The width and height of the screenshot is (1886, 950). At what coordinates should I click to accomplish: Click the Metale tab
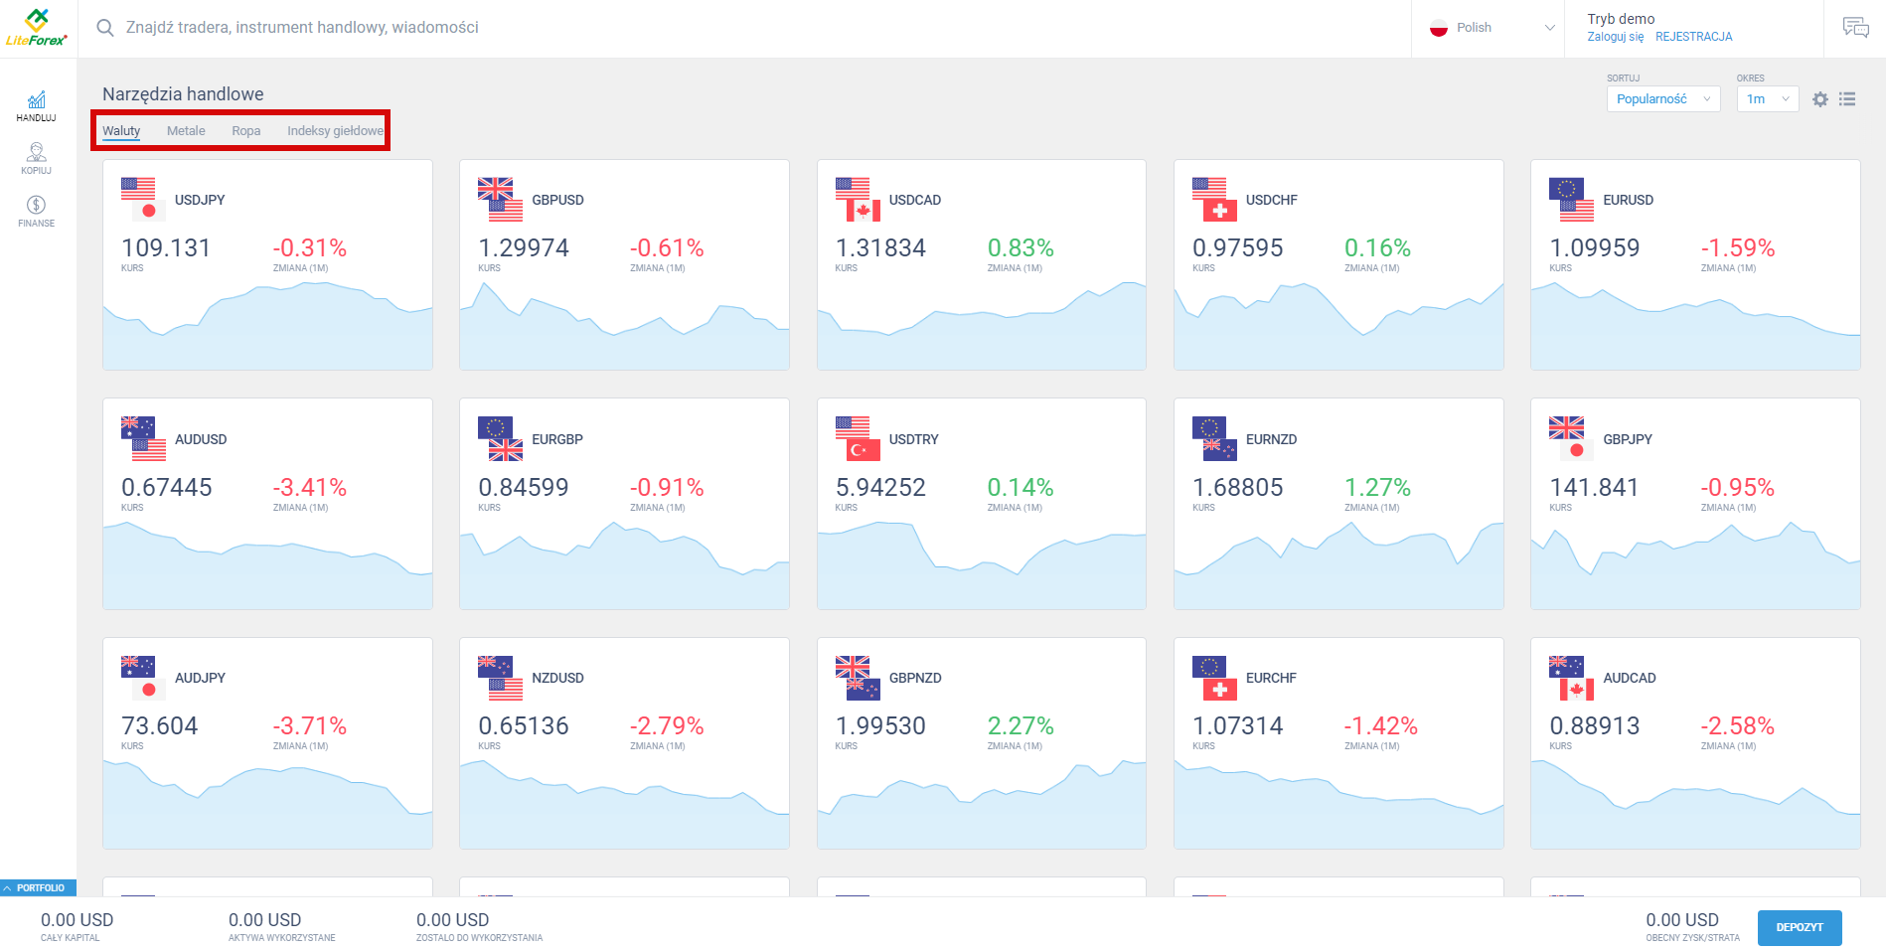[x=186, y=131]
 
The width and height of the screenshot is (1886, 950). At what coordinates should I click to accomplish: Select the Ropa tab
[x=246, y=131]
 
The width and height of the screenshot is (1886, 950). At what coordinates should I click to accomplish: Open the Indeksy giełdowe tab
[x=335, y=131]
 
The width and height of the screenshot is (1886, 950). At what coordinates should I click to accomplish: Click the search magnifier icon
[x=104, y=28]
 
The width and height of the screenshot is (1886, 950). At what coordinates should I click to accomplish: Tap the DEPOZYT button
[x=1799, y=927]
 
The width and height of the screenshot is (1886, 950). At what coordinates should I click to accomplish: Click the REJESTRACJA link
[x=1693, y=37]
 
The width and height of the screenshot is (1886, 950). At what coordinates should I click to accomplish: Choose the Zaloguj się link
[x=1615, y=37]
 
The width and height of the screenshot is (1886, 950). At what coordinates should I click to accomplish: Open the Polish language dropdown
[x=1491, y=28]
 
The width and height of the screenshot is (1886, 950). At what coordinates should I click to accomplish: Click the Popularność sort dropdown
[x=1662, y=99]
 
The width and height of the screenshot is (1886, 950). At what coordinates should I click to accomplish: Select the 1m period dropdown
[x=1767, y=99]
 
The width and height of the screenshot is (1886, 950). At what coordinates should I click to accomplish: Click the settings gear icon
[x=1819, y=99]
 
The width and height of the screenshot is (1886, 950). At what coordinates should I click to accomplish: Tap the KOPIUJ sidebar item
[x=37, y=158]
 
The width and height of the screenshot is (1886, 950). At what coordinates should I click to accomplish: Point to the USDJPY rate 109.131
[x=166, y=248]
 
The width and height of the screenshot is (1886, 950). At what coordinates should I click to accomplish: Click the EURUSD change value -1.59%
[x=1737, y=248]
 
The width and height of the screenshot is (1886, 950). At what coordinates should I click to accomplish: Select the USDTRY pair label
[x=913, y=439]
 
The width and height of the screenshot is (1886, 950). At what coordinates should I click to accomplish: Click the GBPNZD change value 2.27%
[x=1021, y=726]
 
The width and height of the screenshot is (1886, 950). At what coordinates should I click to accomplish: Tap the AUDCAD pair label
[x=1629, y=678]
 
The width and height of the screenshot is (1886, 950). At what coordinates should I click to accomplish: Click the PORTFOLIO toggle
[x=38, y=887]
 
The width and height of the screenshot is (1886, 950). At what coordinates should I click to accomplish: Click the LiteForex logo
[x=37, y=28]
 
